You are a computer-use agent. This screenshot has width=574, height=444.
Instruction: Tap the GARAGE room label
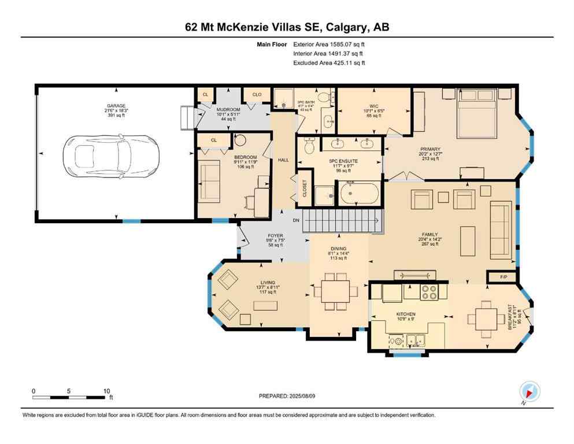point(116,106)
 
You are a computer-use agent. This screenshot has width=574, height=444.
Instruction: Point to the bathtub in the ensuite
point(359,193)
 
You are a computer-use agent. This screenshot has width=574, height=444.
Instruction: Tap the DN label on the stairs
point(295,221)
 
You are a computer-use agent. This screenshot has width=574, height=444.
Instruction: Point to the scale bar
point(70,397)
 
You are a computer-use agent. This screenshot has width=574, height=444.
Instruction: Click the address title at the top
point(287,27)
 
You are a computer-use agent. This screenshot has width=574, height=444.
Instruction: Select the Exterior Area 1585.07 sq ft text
point(329,44)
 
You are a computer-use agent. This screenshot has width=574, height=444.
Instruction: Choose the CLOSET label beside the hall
point(305,188)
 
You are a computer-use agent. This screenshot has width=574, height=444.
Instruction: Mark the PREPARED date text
point(287,396)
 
